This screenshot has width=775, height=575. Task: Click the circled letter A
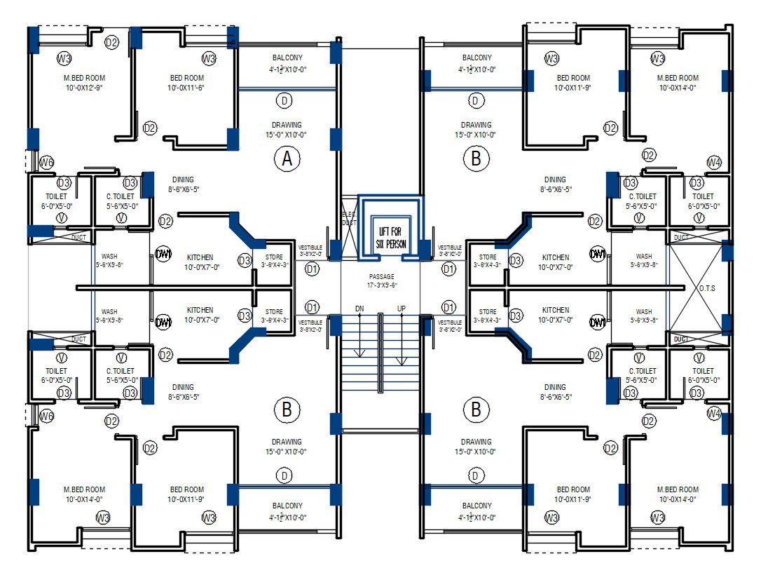286,160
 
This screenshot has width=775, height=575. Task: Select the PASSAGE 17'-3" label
382,280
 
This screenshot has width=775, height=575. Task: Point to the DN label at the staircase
359,309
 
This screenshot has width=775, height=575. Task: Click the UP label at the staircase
402,309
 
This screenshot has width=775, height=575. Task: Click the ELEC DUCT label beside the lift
348,218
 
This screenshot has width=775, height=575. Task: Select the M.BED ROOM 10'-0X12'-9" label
84,83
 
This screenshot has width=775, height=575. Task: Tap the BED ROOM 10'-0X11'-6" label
186,83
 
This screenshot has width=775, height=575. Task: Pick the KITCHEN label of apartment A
200,262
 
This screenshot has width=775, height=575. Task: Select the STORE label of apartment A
274,261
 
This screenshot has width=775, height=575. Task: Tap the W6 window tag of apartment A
46,163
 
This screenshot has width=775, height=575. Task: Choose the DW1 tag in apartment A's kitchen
163,254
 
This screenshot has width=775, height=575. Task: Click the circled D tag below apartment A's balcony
284,101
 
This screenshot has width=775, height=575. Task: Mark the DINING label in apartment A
183,184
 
